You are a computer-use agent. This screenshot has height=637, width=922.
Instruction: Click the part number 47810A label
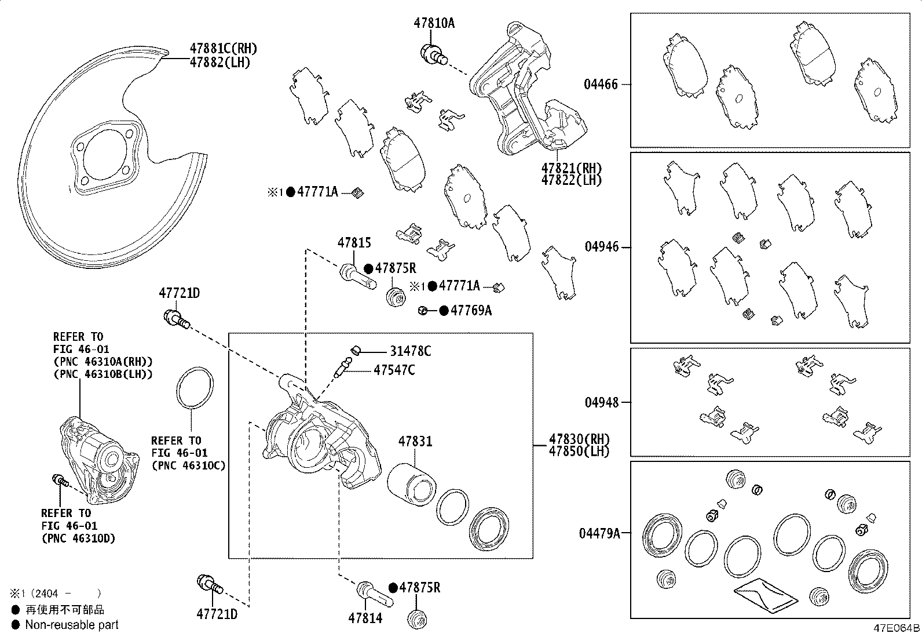[x=434, y=23]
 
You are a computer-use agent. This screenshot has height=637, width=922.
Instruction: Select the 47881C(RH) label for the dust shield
[x=224, y=49]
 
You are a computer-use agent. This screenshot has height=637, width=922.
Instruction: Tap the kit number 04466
[x=601, y=85]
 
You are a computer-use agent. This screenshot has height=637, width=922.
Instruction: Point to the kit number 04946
[x=602, y=247]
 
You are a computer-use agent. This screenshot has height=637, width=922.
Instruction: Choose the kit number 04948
[x=602, y=402]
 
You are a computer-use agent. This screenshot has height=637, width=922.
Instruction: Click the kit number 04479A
[x=599, y=534]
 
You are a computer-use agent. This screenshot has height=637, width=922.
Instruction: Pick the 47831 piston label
[x=415, y=442]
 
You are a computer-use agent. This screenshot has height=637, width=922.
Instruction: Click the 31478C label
[x=411, y=351]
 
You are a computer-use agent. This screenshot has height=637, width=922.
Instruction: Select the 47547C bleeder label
[x=394, y=370]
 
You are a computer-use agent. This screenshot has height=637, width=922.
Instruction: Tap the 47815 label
[x=354, y=243]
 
